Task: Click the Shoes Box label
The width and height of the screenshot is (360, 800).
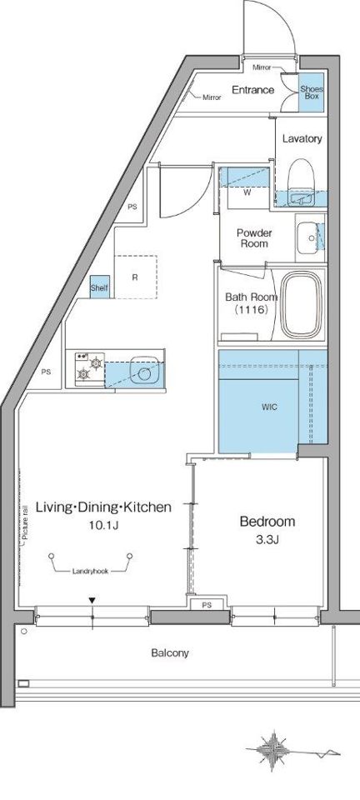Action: coord(311,92)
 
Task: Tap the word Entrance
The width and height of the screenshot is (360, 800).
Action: coord(253,90)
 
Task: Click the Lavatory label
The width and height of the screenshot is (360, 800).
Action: coord(302,138)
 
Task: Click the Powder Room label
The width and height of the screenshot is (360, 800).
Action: coord(254,238)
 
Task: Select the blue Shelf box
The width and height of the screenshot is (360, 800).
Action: coord(99,287)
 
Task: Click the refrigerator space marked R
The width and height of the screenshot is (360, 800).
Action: coord(135,277)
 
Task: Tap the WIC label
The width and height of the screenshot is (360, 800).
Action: coord(269,407)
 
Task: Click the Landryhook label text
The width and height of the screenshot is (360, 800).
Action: coord(90,572)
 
